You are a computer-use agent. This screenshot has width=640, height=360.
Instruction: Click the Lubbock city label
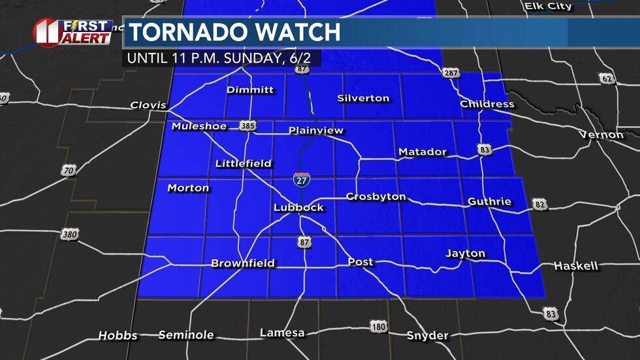tap(298, 208)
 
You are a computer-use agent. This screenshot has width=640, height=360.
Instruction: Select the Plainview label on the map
tap(316, 131)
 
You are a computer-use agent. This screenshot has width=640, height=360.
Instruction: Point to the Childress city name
tap(487, 104)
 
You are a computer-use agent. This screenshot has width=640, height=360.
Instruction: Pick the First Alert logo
tap(72, 32)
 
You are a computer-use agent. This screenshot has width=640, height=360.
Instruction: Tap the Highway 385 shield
tap(247, 125)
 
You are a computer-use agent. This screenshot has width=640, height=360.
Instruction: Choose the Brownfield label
tap(243, 263)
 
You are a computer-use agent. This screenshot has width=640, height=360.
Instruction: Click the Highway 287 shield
tap(451, 73)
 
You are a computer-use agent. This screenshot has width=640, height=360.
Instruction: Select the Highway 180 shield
tap(377, 326)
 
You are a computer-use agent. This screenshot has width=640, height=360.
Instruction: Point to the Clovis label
tap(148, 105)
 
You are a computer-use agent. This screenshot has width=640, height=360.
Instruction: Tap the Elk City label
tap(548, 7)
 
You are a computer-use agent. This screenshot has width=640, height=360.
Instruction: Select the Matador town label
tap(423, 152)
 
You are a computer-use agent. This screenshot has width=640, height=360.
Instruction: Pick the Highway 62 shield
tap(607, 79)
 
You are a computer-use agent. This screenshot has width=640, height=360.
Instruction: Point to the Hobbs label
tap(118, 335)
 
